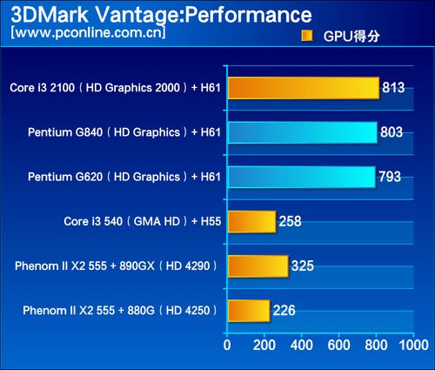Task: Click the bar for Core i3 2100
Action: click(x=304, y=88)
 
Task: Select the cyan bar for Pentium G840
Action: click(x=303, y=132)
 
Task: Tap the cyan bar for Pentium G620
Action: click(x=302, y=177)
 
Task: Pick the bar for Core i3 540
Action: click(x=252, y=222)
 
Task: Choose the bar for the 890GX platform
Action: click(x=258, y=266)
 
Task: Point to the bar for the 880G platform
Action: click(x=249, y=311)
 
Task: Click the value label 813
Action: click(x=393, y=87)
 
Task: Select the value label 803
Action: click(x=391, y=132)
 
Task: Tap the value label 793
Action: click(x=390, y=177)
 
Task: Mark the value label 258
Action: click(x=291, y=221)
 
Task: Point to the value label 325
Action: click(x=303, y=266)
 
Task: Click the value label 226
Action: click(x=284, y=311)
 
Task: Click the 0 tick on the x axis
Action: click(x=227, y=346)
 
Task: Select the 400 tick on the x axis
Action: click(x=302, y=346)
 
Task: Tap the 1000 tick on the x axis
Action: click(x=414, y=346)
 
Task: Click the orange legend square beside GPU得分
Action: click(x=307, y=36)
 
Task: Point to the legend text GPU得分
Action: click(x=351, y=37)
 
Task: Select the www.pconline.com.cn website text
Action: click(x=88, y=32)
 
